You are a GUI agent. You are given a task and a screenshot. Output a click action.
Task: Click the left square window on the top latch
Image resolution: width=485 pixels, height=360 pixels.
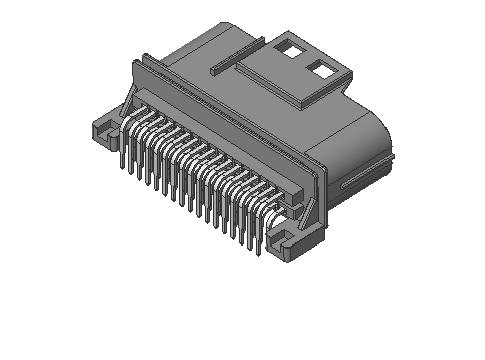(x=289, y=47)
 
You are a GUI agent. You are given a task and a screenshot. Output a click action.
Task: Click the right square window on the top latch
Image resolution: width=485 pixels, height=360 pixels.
(x=321, y=70)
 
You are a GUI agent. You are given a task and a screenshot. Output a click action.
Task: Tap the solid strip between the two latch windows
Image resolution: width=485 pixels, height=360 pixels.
(x=305, y=58)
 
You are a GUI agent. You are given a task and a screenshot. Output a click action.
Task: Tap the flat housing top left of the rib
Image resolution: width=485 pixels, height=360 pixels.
(x=195, y=55)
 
